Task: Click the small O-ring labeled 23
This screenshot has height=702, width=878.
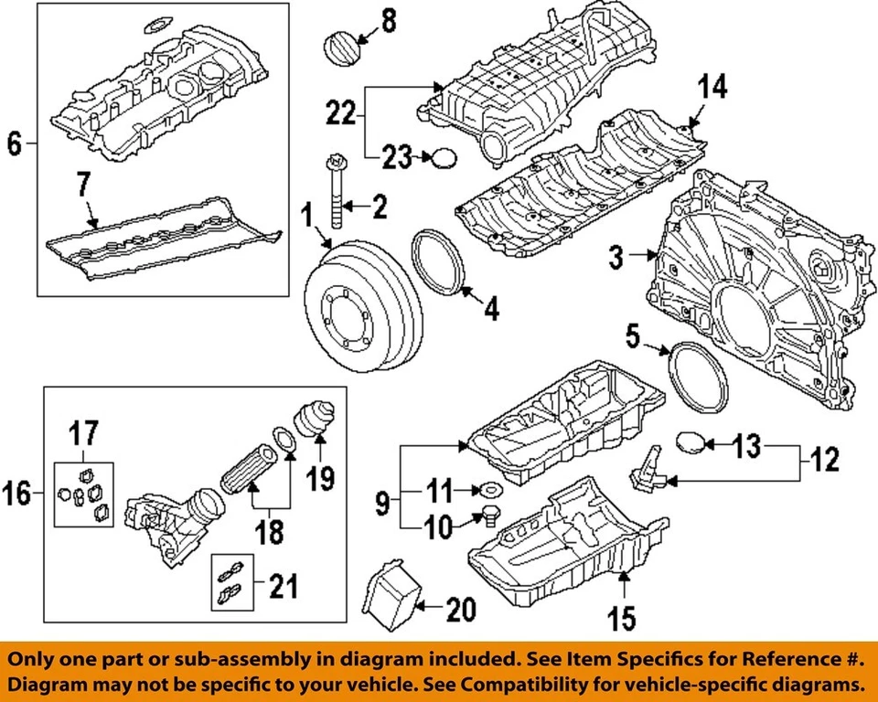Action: pyautogui.click(x=444, y=159)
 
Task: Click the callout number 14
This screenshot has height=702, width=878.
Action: pyautogui.click(x=712, y=87)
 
